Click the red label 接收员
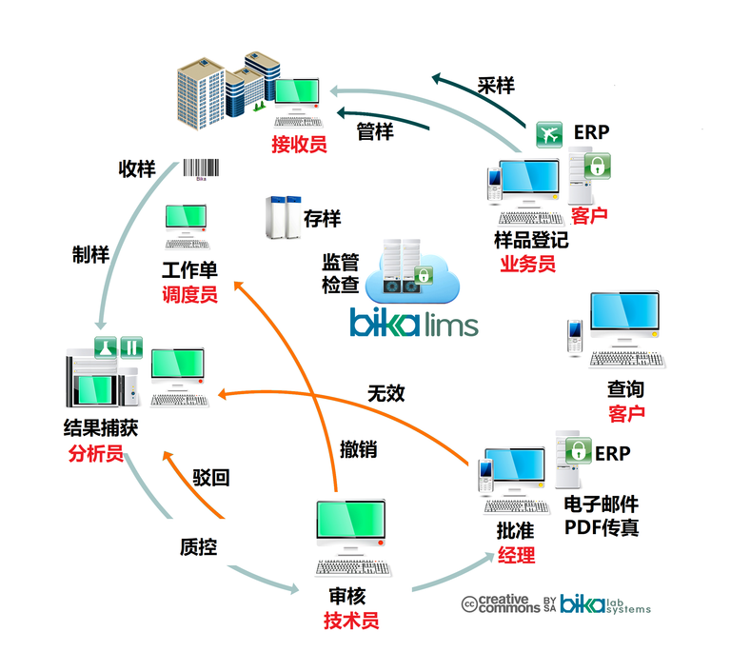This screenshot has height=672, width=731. point(299,145)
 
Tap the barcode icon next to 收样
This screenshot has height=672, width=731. point(201,168)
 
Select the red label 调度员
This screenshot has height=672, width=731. point(189,295)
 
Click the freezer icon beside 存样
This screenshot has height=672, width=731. point(278,217)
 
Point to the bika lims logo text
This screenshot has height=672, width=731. point(414,322)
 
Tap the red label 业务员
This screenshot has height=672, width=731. point(527,264)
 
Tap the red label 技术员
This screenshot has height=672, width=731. point(351,622)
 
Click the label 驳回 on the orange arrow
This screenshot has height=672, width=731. point(210,478)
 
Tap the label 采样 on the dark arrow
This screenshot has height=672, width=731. point(495,87)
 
